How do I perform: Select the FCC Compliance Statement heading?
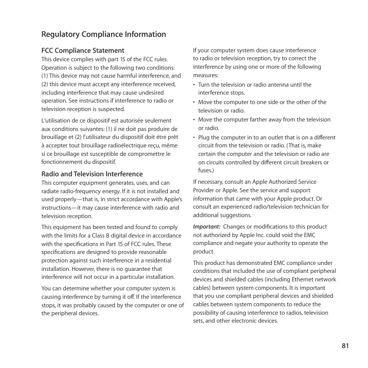coord(82,51)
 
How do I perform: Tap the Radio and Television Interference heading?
coord(92,174)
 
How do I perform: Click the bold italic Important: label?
coord(207,227)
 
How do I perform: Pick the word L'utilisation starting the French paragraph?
coord(58,121)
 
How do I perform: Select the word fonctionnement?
coord(62,162)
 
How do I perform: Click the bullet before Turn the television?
coord(194,85)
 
